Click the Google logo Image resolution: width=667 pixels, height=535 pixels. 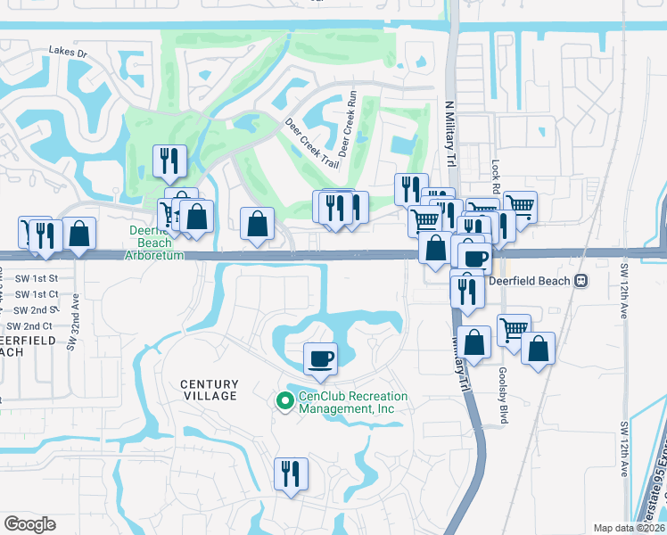(29, 524)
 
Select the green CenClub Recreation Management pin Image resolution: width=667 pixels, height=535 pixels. (285, 402)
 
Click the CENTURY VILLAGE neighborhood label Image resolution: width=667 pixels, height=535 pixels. (210, 390)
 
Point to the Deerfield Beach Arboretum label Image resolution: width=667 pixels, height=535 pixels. (156, 243)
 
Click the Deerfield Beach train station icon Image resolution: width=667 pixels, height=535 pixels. (581, 280)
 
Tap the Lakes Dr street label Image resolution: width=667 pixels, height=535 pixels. (69, 53)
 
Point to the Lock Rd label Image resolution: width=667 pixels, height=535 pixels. (495, 177)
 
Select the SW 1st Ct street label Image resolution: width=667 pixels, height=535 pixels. (37, 293)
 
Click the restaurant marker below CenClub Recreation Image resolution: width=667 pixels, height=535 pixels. (291, 473)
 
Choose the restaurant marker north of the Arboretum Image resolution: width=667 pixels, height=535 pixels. (169, 160)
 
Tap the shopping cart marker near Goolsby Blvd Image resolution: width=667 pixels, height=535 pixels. (514, 329)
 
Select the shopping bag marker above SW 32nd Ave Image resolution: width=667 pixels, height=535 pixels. (79, 234)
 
